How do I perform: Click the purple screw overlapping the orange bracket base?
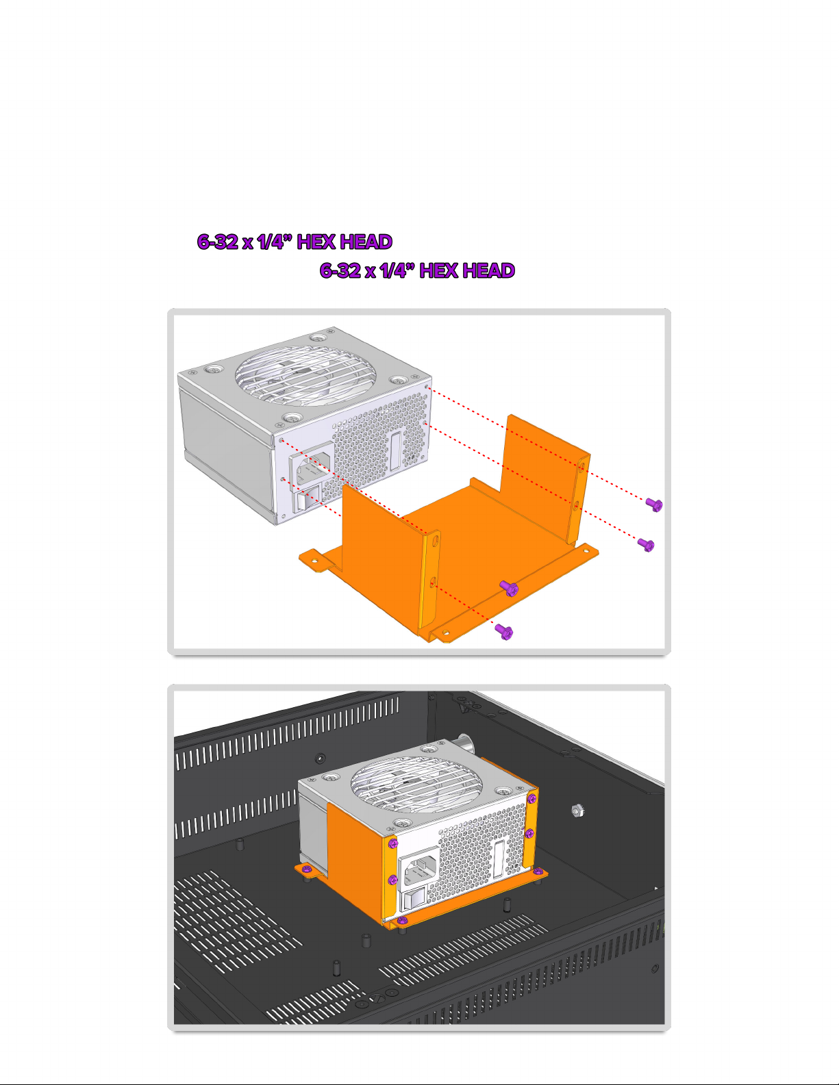coord(509,588)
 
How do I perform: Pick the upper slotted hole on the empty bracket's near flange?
coord(436,541)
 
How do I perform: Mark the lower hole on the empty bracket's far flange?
coord(576,507)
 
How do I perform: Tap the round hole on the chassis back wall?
coord(320,758)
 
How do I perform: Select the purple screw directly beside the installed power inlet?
coord(392,879)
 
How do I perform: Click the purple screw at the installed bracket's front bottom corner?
coord(403,920)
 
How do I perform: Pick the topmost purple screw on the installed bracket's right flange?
coord(532,798)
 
